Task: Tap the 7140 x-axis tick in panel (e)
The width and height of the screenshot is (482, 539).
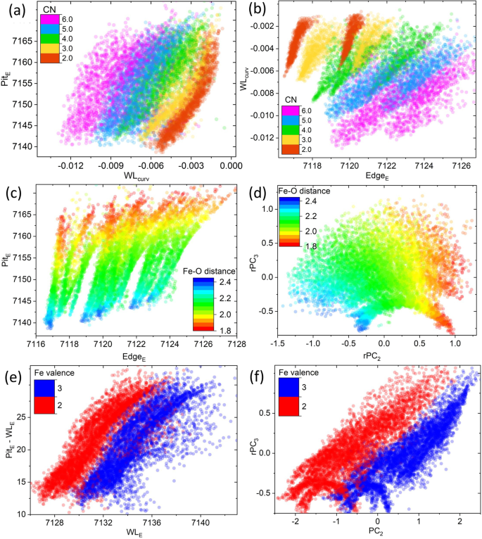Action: point(201,522)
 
